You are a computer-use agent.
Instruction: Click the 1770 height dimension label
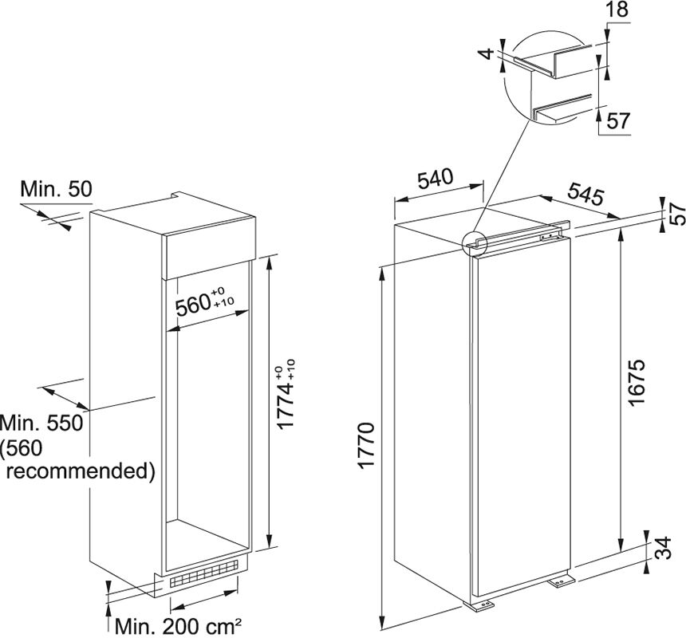tap(366, 445)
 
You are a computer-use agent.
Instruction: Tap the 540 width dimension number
tap(435, 179)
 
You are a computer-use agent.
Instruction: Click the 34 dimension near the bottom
tap(663, 547)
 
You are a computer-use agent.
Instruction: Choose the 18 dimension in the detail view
tap(617, 10)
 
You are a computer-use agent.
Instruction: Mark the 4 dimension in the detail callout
tap(486, 54)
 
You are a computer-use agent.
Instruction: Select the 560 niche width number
tap(204, 301)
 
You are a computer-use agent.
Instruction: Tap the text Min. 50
tap(57, 189)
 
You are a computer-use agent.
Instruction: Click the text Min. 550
tap(41, 423)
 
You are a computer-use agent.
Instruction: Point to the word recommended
tap(81, 471)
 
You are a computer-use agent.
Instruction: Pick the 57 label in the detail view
tap(617, 120)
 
